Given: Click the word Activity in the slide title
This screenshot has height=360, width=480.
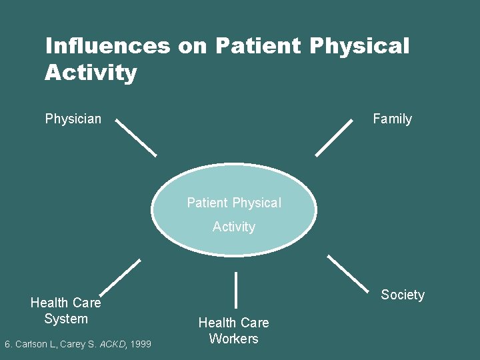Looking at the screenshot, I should tap(91, 73).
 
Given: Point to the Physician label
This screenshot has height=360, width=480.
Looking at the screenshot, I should tap(73, 119).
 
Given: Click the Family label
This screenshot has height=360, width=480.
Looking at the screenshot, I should tap(392, 119).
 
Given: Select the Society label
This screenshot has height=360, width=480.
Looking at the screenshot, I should tap(403, 295).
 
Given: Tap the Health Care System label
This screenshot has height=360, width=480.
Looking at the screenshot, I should tap(66, 311).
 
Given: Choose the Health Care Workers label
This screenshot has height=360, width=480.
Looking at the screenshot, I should tap(233, 331).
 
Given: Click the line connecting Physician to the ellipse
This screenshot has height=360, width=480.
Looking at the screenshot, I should tap(137, 137).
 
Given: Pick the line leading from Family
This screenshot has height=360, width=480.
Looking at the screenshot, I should tap(333, 137).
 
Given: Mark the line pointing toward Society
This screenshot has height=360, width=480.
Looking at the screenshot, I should tap(347, 273).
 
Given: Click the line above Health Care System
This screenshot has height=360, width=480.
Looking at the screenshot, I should tap(121, 277).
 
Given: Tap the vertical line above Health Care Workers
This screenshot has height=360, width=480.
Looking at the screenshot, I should tap(236, 290).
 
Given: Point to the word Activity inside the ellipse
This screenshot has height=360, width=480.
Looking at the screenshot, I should tap(234, 227).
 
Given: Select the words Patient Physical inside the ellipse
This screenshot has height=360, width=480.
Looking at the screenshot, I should tap(234, 203).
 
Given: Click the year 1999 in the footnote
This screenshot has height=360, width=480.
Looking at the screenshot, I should tap(140, 344).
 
